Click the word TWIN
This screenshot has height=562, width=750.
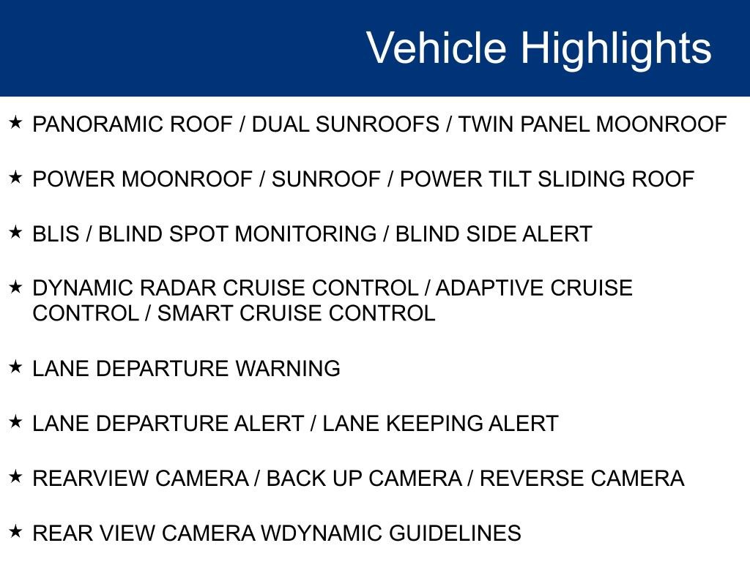pos(483,124)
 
